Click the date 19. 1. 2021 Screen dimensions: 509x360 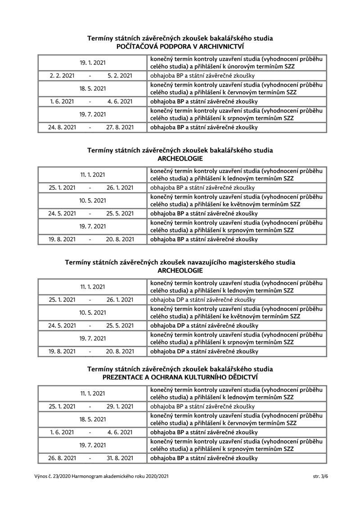coord(93,63)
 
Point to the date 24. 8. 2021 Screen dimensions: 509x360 coord(62,127)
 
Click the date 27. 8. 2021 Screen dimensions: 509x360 coord(120,127)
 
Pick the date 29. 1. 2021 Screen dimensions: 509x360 coord(120,406)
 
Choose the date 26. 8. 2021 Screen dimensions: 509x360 coord(62,458)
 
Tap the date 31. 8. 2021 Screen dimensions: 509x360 coord(120,458)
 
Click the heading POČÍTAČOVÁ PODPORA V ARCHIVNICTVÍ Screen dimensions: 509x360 coord(180,46)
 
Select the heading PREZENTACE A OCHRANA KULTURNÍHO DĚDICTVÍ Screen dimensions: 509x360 coord(180,377)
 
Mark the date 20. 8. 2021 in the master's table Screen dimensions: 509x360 coord(120,351)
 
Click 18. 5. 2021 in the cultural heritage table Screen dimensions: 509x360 coord(93,420)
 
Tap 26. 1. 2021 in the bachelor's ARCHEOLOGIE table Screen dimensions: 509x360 coord(120,188)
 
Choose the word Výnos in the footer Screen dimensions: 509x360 coord(40,476)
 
